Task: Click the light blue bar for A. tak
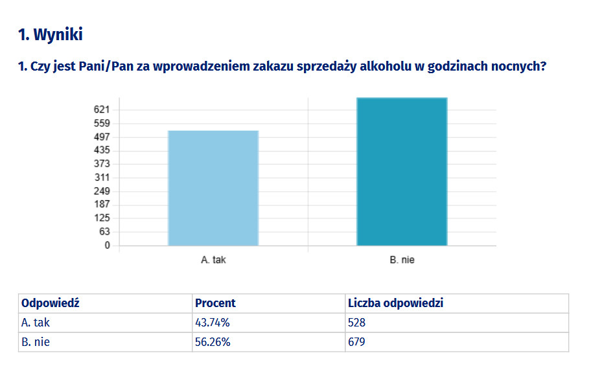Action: pos(213,188)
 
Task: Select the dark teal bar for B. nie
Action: pos(402,172)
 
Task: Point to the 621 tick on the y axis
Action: pos(102,109)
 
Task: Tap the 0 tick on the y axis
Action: pos(107,246)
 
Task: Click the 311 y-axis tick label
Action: pos(102,178)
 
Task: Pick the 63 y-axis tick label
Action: pos(104,232)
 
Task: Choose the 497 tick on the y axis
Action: pos(102,137)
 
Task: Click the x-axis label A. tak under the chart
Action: pos(213,260)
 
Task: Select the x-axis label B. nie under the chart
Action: pos(402,260)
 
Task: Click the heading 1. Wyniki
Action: pos(51,34)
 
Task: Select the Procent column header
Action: pos(215,303)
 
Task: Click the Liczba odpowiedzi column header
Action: pos(395,303)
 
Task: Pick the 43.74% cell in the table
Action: pos(212,323)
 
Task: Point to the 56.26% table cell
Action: pos(212,342)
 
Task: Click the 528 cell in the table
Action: pos(356,323)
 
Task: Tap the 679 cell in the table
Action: pos(356,342)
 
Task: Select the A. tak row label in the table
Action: pos(36,323)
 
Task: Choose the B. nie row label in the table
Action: pos(36,342)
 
